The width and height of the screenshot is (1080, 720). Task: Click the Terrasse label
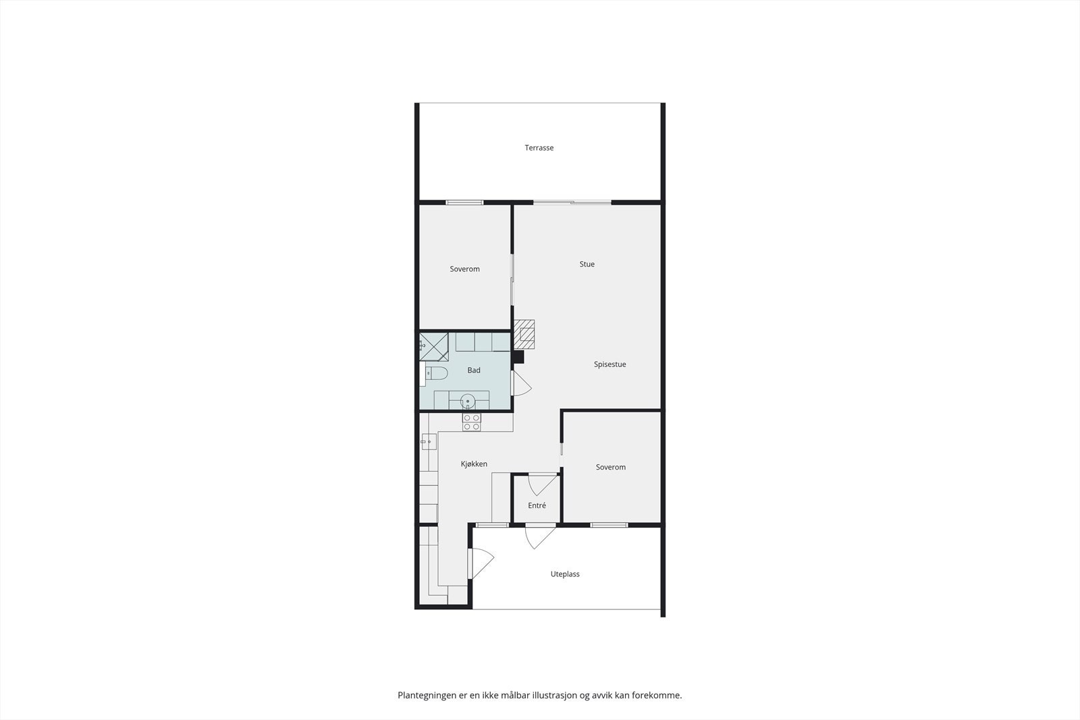(x=539, y=148)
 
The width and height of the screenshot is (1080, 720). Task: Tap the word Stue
(x=587, y=265)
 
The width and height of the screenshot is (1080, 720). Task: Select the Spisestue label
(x=610, y=364)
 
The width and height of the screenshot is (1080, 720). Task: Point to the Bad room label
(x=474, y=370)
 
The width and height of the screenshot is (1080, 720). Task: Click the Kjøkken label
(x=474, y=464)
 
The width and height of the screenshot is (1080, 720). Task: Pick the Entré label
(x=537, y=505)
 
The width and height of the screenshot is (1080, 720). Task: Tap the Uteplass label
(x=565, y=574)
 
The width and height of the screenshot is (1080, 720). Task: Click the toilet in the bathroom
(x=437, y=373)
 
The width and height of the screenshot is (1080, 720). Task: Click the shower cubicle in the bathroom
(x=433, y=346)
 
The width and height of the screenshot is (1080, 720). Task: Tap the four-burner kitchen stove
(x=471, y=422)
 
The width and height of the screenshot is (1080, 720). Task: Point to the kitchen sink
(x=428, y=442)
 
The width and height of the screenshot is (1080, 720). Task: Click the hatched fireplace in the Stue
(x=524, y=334)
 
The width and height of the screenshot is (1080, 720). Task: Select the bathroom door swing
(x=521, y=384)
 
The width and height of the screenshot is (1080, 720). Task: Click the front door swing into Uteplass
(x=539, y=536)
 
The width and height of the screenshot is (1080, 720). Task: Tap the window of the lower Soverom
(x=609, y=524)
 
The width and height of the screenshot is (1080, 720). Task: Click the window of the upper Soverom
(x=464, y=202)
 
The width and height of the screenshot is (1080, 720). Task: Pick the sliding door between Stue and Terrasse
(x=572, y=202)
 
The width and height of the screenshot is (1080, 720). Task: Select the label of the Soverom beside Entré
(x=610, y=467)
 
